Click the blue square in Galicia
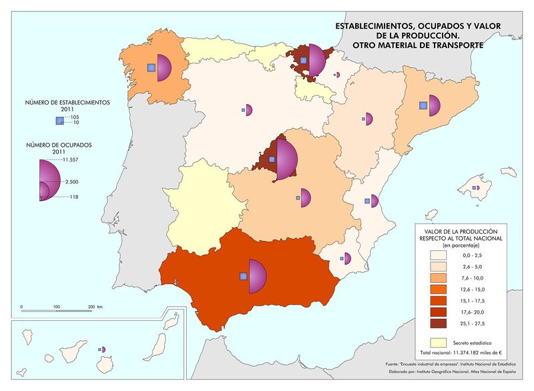coord(152,67)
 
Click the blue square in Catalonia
coord(423,105)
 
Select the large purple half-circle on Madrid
coord(286,158)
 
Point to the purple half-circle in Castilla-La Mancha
coord(306,198)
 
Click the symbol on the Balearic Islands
coord(476,189)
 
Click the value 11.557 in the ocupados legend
coord(70,160)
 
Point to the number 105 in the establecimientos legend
coord(75,117)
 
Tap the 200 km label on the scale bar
coord(94,307)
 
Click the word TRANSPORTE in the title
coord(452,45)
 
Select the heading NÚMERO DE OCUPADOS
coord(57,145)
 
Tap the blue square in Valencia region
coord(366,201)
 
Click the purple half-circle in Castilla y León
coord(249,109)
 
